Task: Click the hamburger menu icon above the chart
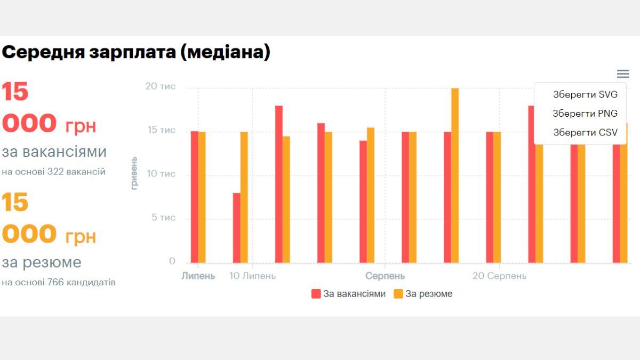point(622,74)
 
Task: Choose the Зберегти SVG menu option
point(585,94)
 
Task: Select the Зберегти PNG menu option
point(585,113)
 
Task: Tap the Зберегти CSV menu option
point(585,132)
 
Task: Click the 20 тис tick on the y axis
point(161,86)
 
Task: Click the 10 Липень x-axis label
point(252,276)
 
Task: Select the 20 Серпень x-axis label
point(499,276)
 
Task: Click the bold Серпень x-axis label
point(385,276)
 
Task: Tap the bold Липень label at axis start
point(198,276)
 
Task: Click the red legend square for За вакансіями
point(316,294)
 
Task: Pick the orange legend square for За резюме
point(398,294)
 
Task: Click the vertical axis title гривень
point(134,173)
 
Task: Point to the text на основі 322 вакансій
point(53,172)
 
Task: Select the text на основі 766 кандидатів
point(58,282)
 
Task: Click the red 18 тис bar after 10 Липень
point(278,184)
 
